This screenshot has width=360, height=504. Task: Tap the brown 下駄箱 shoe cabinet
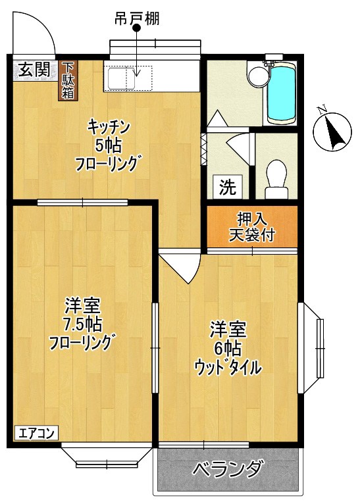coord(68,80)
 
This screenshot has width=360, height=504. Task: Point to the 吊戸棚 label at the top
coord(136,20)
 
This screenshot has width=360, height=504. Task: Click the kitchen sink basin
coord(120,78)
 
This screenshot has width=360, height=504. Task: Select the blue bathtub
coord(281,93)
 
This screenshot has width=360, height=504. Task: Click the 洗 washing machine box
coord(227,187)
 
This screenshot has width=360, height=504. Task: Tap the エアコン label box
coord(37,433)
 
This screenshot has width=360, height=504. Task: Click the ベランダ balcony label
coord(228,471)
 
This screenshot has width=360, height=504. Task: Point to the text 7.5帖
coord(83,324)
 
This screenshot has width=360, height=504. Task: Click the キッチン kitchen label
coord(109,126)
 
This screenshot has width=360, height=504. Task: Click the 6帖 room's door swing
coord(181,266)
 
